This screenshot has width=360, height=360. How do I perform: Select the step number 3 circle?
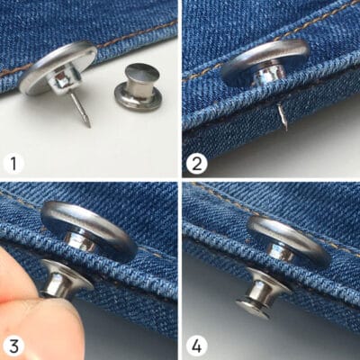pyautogui.click(x=13, y=346)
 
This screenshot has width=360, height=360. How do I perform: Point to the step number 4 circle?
pyautogui.click(x=196, y=346)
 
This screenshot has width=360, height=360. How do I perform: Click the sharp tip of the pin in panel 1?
pyautogui.click(x=89, y=127)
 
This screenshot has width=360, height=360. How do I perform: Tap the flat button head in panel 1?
pyautogui.click(x=57, y=68)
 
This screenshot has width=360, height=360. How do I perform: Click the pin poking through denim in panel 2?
pyautogui.click(x=283, y=116)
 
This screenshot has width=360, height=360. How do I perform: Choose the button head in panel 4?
pyautogui.click(x=285, y=240)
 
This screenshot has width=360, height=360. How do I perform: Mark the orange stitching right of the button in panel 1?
pyautogui.click(x=138, y=34)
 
